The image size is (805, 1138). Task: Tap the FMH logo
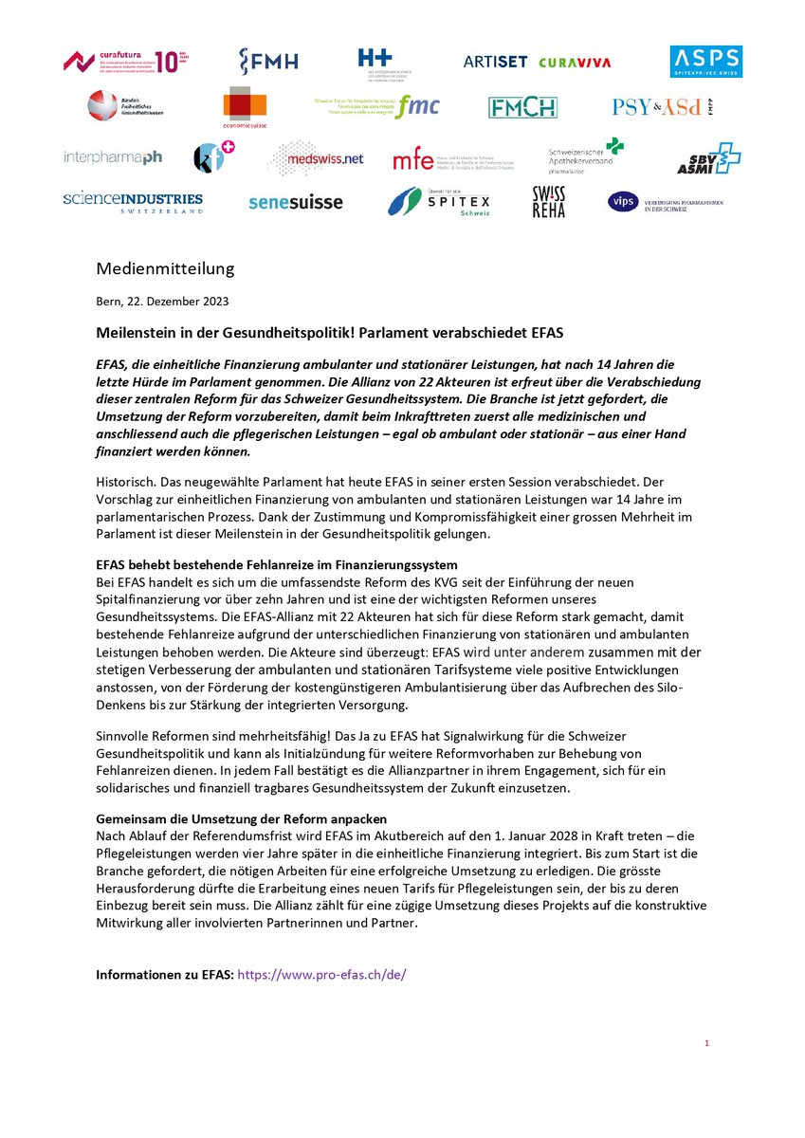(x=268, y=62)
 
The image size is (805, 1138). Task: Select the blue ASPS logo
(x=705, y=62)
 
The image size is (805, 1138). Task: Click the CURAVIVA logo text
(x=575, y=63)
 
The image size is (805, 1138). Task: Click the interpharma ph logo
(x=113, y=157)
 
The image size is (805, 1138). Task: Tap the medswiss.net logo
(x=316, y=158)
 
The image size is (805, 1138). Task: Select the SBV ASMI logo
(x=707, y=158)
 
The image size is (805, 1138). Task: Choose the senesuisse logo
(x=295, y=202)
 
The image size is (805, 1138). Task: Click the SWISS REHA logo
(x=548, y=202)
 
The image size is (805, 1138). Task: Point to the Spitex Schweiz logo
(x=439, y=202)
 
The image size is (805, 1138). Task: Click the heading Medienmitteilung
(x=165, y=269)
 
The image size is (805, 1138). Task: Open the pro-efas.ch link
(x=321, y=974)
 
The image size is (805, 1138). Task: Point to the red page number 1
(x=706, y=1043)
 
